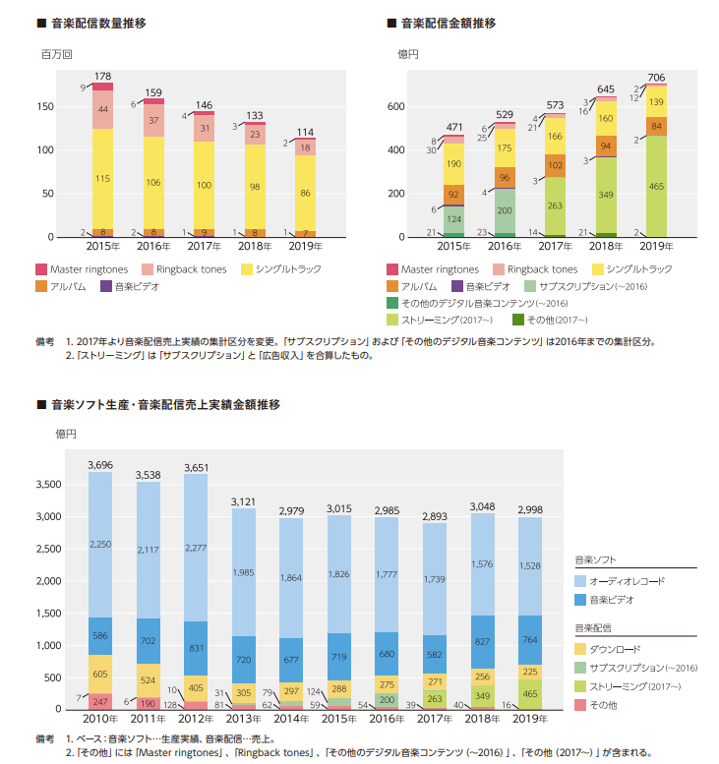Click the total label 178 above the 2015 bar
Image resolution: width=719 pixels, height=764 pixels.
pos(102,76)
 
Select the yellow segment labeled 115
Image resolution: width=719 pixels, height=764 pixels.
pos(102,179)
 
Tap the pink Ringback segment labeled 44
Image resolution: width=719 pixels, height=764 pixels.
pos(102,109)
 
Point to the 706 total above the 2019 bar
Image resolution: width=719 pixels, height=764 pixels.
pos(656,78)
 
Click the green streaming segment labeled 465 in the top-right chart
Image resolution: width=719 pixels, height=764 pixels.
pos(656,186)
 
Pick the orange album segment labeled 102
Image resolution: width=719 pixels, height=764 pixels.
pos(555,165)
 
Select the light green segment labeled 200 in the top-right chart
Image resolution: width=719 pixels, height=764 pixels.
pos(504,210)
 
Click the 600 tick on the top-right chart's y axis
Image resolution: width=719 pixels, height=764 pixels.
pos(395,107)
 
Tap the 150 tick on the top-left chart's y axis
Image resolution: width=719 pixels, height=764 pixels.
pos(45,107)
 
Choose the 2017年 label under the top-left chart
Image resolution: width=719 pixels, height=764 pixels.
pos(204,246)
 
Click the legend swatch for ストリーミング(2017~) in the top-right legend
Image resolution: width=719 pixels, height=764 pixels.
pos(392,321)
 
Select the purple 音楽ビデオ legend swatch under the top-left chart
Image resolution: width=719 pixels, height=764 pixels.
pos(106,286)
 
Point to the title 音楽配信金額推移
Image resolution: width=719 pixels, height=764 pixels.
pos(448,23)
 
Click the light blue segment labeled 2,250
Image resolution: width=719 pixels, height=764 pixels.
pos(100,545)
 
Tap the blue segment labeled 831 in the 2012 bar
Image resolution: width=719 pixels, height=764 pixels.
pos(196,649)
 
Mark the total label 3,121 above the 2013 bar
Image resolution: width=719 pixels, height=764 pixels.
pos(243,501)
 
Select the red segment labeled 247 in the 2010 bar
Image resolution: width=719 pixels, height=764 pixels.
pos(100,702)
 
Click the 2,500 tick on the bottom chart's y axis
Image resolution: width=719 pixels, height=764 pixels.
pos(49,549)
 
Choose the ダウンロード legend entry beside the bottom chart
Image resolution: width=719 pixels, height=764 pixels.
pos(608,649)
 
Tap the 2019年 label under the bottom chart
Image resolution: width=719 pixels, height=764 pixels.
pos(530,719)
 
